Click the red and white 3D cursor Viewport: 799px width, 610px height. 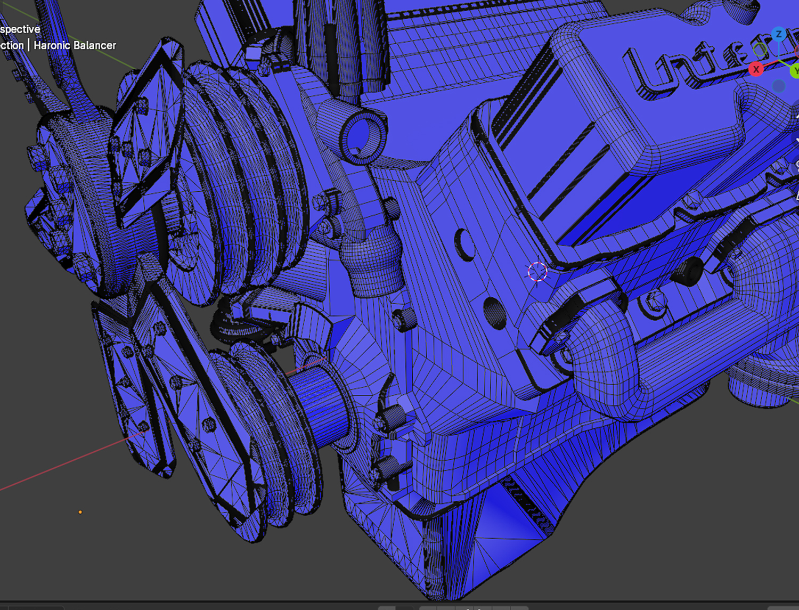(537, 272)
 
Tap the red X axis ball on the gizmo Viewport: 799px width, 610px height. (756, 69)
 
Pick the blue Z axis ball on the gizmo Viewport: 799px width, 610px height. (779, 35)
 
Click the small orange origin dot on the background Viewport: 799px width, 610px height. (80, 512)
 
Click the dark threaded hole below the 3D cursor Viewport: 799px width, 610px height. (495, 313)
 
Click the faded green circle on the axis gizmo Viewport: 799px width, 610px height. (761, 51)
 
